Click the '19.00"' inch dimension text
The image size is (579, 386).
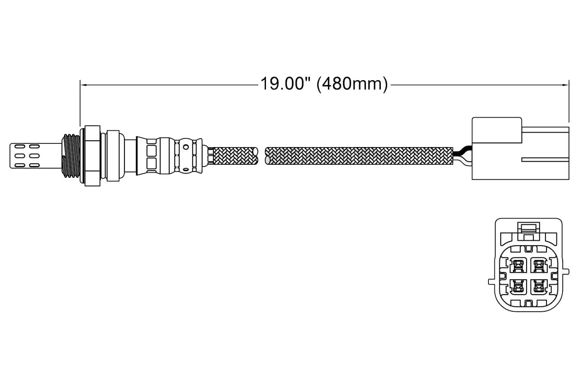[x=285, y=84]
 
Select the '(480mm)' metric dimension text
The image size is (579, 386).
[x=352, y=84]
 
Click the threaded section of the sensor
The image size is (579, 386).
[x=71, y=156]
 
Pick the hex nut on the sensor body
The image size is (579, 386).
[x=93, y=156]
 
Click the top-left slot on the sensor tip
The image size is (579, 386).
[x=20, y=147]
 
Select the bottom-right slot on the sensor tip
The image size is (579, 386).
[x=34, y=165]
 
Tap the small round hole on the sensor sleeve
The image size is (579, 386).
[x=186, y=148]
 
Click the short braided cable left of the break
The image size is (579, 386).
[x=236, y=156]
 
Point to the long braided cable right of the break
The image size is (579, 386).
[x=359, y=156]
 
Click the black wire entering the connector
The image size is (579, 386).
[x=462, y=151]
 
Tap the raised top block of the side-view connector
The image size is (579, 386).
[x=497, y=130]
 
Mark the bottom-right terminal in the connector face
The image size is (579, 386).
[x=539, y=287]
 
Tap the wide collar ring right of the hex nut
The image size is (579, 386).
[x=113, y=156]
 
